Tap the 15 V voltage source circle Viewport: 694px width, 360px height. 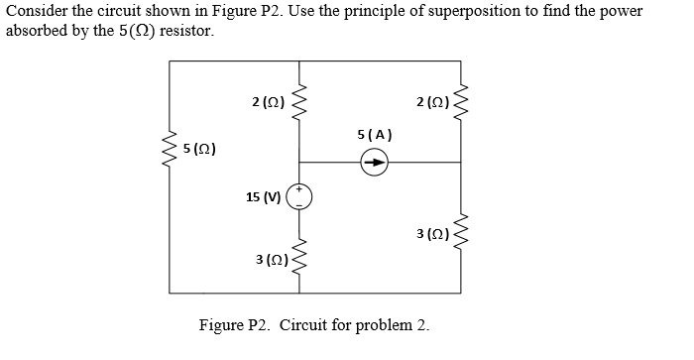[x=298, y=196]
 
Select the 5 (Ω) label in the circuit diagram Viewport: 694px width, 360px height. [x=200, y=149]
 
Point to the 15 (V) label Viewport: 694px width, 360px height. [x=263, y=196]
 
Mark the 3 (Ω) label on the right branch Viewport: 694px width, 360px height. [x=432, y=234]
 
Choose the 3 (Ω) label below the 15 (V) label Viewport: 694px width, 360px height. [x=271, y=259]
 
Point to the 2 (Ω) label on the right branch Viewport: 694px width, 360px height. [x=432, y=100]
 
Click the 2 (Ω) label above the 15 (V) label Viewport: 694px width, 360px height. [x=269, y=100]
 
